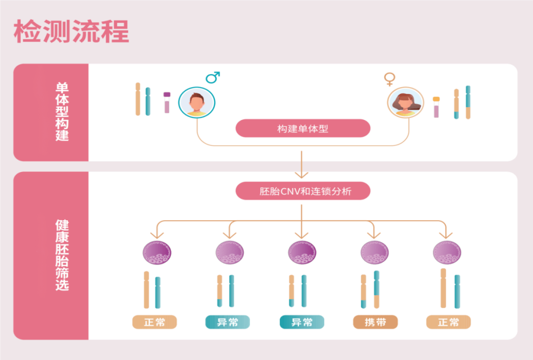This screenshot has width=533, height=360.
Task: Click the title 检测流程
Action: [72, 32]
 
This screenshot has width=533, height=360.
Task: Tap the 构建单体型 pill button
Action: [303, 128]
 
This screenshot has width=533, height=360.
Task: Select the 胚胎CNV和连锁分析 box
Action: [303, 191]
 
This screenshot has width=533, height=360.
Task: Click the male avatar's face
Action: [196, 102]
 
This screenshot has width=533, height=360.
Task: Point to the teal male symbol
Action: [213, 78]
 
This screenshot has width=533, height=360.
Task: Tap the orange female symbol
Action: [390, 79]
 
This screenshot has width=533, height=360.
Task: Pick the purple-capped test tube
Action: [167, 102]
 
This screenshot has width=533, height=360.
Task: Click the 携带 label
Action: [375, 322]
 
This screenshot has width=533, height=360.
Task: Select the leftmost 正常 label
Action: [154, 322]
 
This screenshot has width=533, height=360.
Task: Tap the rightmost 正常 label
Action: [448, 322]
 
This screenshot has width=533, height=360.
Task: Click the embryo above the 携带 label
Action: [375, 252]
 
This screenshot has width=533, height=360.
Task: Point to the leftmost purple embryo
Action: [156, 252]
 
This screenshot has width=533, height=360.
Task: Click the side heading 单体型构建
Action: [62, 112]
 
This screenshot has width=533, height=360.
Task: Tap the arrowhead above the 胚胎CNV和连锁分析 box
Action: [301, 174]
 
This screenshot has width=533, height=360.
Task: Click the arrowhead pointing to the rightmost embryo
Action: [446, 235]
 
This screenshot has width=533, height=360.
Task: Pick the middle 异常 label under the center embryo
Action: [302, 322]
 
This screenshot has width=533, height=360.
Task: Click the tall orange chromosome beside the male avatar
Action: [138, 99]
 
